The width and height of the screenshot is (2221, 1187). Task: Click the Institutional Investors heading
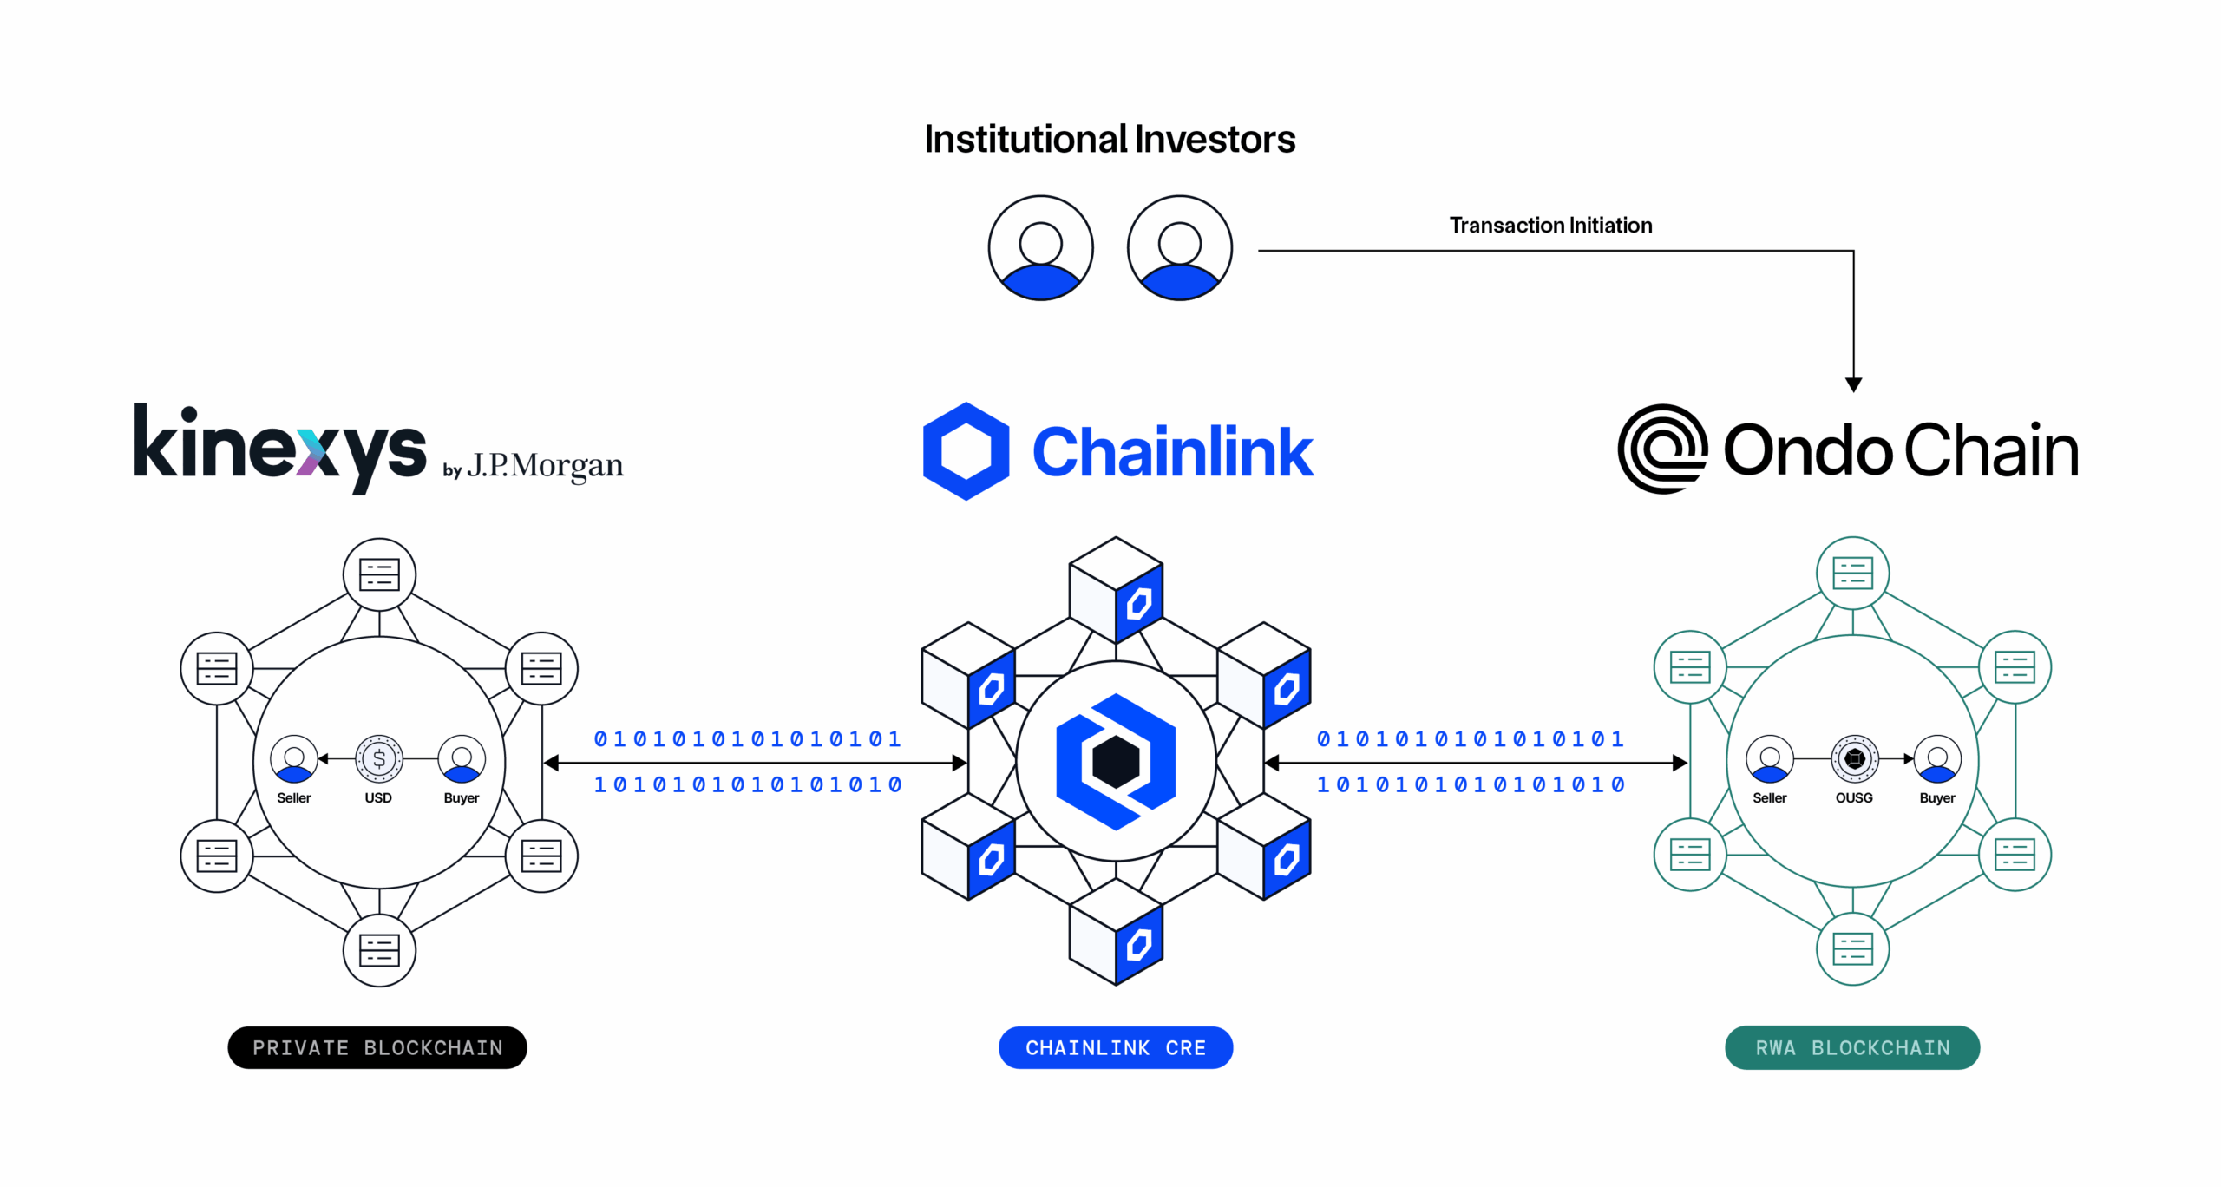[x=1109, y=140]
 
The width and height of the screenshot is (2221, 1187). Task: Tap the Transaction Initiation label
[x=1549, y=226]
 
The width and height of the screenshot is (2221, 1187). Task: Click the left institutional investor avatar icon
[x=1040, y=248]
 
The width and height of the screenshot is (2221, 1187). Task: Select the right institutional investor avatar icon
[x=1179, y=248]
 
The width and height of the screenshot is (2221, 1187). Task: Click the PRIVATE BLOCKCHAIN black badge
[x=377, y=1047]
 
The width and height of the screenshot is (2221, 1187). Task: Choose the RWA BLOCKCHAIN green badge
[x=1851, y=1047]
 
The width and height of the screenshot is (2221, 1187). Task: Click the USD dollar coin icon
[x=379, y=759]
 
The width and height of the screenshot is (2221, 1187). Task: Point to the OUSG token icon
[x=1854, y=759]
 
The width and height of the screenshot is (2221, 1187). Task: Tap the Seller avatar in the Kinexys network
[x=294, y=759]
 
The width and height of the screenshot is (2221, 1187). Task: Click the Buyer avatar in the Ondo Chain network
[x=1936, y=759]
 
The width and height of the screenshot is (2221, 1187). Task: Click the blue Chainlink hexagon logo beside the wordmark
[x=966, y=451]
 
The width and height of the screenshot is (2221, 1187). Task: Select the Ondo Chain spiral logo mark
[x=1661, y=449]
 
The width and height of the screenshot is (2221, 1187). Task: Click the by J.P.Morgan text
[x=533, y=467]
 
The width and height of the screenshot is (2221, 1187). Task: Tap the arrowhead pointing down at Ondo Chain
[x=1853, y=384]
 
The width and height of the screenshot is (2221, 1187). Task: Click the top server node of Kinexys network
[x=379, y=574]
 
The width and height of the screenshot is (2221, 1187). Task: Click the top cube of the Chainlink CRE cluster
[x=1116, y=589]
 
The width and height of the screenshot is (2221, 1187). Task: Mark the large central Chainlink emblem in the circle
[x=1116, y=761]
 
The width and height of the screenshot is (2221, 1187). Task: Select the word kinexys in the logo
[x=279, y=447]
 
